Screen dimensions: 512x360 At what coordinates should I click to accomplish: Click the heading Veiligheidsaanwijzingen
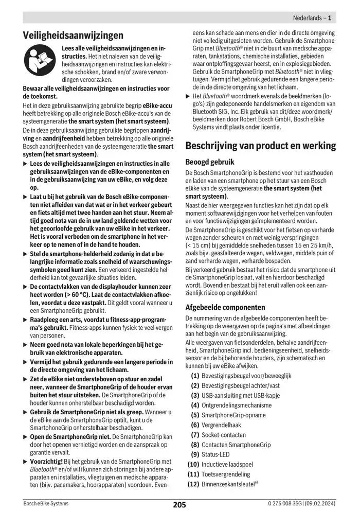(74, 36)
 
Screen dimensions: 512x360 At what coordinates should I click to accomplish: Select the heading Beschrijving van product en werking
(260, 146)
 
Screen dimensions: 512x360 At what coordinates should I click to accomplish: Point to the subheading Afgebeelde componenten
(225, 307)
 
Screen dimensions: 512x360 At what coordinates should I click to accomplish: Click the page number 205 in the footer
(179, 505)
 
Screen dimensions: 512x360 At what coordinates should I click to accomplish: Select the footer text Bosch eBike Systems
(46, 504)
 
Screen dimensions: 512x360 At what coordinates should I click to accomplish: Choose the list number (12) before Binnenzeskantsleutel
(193, 484)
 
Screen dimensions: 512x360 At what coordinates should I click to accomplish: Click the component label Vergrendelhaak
(222, 425)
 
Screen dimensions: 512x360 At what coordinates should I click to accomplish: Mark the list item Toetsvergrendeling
(226, 474)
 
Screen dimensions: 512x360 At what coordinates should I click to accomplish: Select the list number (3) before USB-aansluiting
(195, 395)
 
